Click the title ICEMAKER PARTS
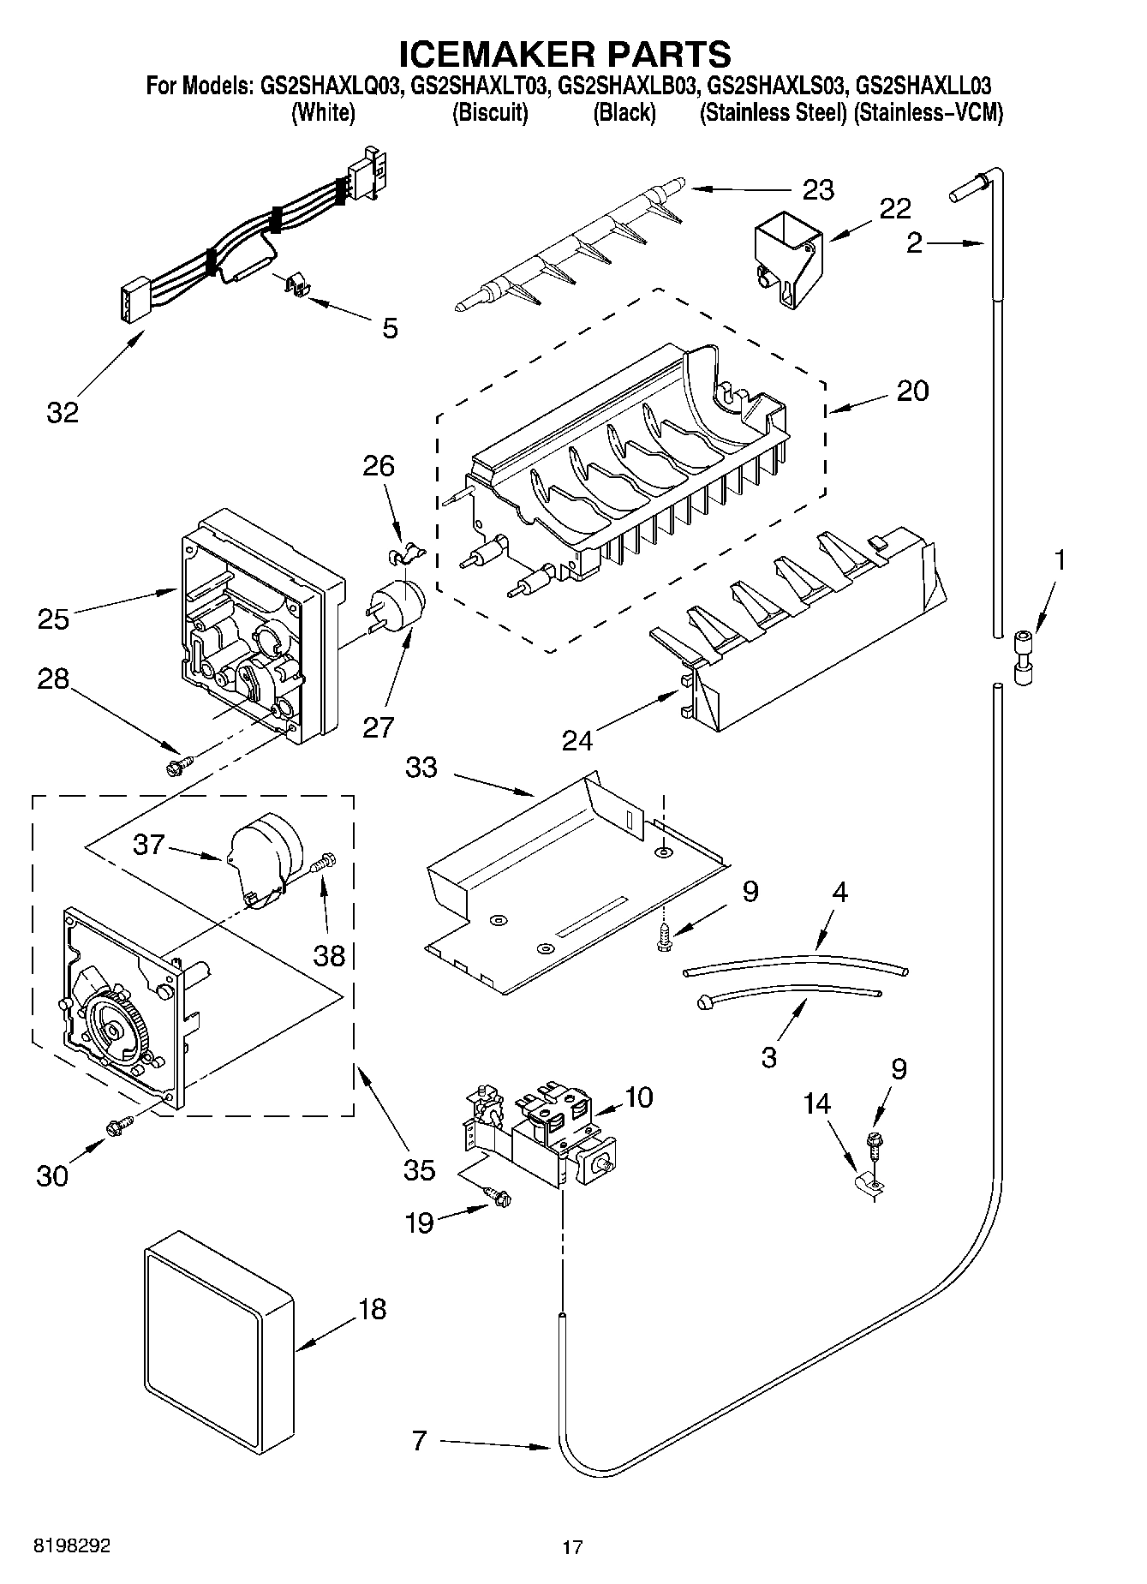565,53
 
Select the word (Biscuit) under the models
490,112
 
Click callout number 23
817,189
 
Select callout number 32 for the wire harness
62,412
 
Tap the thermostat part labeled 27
399,604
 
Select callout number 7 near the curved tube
418,1441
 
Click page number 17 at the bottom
572,1547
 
